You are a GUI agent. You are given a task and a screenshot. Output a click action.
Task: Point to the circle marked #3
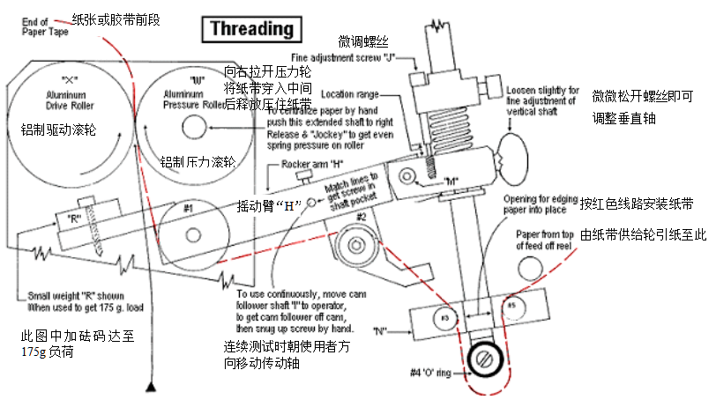click(x=445, y=316)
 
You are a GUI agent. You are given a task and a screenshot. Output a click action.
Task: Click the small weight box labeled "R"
click(x=75, y=218)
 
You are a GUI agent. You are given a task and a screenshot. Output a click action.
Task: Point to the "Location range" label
click(x=349, y=93)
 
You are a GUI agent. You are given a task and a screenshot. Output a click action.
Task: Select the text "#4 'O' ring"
click(x=432, y=374)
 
